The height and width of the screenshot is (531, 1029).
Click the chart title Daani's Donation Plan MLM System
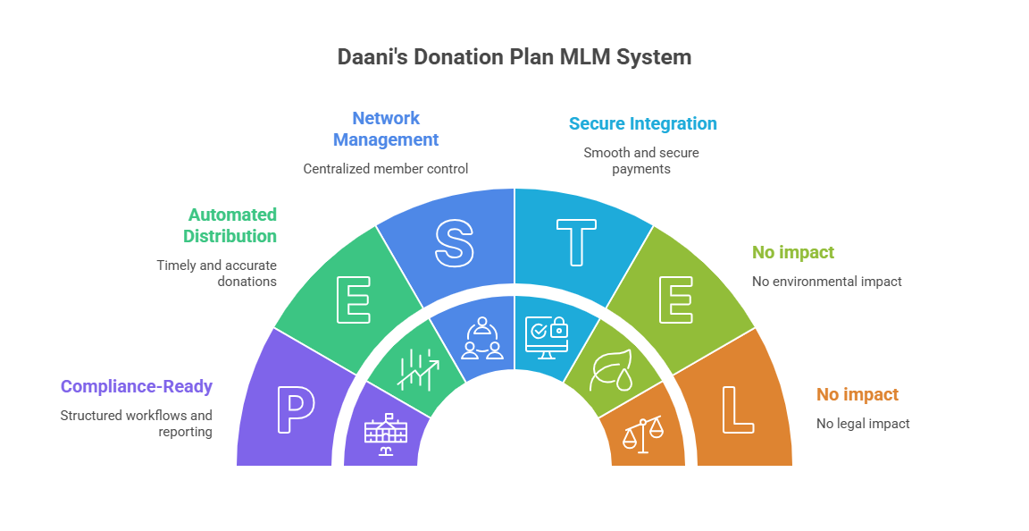point(514,57)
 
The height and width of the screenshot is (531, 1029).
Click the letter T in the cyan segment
point(576,242)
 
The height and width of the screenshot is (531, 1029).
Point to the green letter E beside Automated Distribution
point(353,301)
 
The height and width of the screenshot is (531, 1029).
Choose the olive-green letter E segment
point(676,301)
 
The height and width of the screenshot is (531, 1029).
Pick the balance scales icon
point(644,434)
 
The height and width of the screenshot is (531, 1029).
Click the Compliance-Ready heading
point(137,387)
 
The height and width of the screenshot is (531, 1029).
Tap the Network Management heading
point(386,129)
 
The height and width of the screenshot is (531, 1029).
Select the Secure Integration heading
point(642,123)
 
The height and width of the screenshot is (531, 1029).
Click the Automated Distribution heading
point(230,225)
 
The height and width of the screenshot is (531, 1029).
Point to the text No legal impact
point(863,424)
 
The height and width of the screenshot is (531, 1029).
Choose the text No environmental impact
point(827,282)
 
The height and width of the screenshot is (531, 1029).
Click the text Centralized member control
point(385,168)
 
